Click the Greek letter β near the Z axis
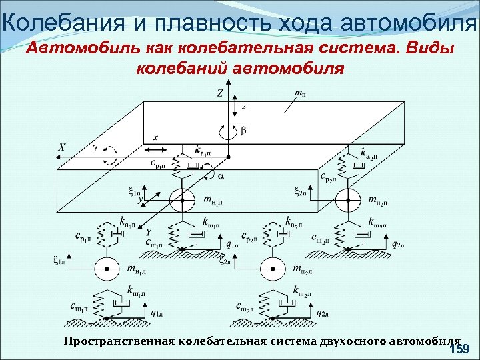[x=243, y=131]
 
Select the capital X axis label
[x=61, y=147]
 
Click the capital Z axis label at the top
[x=219, y=94]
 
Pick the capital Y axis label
[x=149, y=231]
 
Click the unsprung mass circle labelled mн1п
[x=178, y=199]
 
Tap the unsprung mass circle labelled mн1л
[x=105, y=269]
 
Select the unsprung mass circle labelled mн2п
[x=346, y=199]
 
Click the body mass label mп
[x=300, y=93]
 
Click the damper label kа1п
[x=205, y=148]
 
